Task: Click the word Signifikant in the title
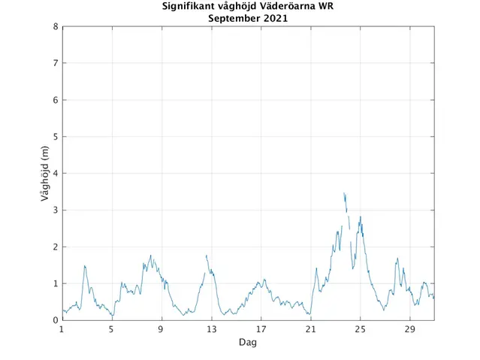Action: (191, 7)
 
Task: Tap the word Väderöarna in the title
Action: (289, 7)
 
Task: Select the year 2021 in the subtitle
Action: (274, 18)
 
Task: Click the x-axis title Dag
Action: (248, 342)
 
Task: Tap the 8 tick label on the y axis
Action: (56, 26)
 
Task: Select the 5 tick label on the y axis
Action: (56, 137)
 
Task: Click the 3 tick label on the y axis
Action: (56, 210)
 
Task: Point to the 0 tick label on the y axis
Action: (56, 320)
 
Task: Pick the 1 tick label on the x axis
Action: (62, 330)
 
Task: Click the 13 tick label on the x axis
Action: (211, 330)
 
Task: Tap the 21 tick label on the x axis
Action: (310, 330)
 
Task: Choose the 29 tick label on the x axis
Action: (409, 330)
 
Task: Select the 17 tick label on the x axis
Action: (261, 330)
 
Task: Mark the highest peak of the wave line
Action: (344, 193)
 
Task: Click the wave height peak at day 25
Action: (361, 217)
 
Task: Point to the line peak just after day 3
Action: (85, 265)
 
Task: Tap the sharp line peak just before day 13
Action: (207, 256)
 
